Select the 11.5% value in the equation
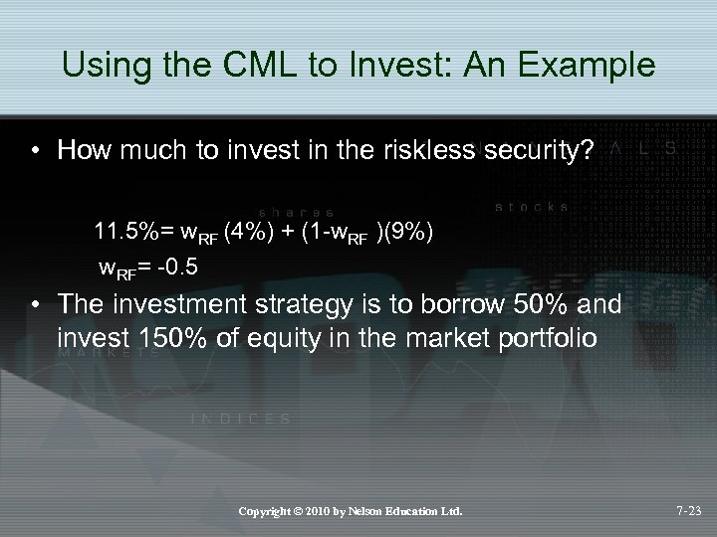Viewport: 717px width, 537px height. pyautogui.click(x=126, y=233)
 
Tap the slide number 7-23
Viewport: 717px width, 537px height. pyautogui.click(x=685, y=511)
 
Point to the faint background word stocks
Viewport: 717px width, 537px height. pyautogui.click(x=532, y=207)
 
